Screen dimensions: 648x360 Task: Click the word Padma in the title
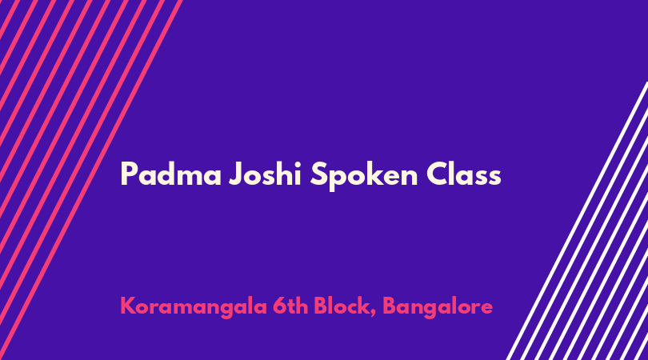point(171,174)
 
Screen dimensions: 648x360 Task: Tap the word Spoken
point(364,176)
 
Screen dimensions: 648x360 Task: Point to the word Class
point(464,174)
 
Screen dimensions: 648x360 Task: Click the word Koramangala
point(194,307)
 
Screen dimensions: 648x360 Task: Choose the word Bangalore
point(438,307)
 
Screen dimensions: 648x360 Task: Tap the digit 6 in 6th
point(279,306)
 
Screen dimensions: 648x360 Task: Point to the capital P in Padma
point(129,174)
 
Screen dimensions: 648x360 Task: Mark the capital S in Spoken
point(319,174)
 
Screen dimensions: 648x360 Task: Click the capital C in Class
point(438,174)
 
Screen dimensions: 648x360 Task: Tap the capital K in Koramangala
point(127,306)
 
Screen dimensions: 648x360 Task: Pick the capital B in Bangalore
point(390,306)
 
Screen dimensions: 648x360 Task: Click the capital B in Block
point(321,306)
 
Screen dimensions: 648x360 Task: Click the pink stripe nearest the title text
point(90,180)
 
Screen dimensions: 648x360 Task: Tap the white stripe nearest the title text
point(577,221)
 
